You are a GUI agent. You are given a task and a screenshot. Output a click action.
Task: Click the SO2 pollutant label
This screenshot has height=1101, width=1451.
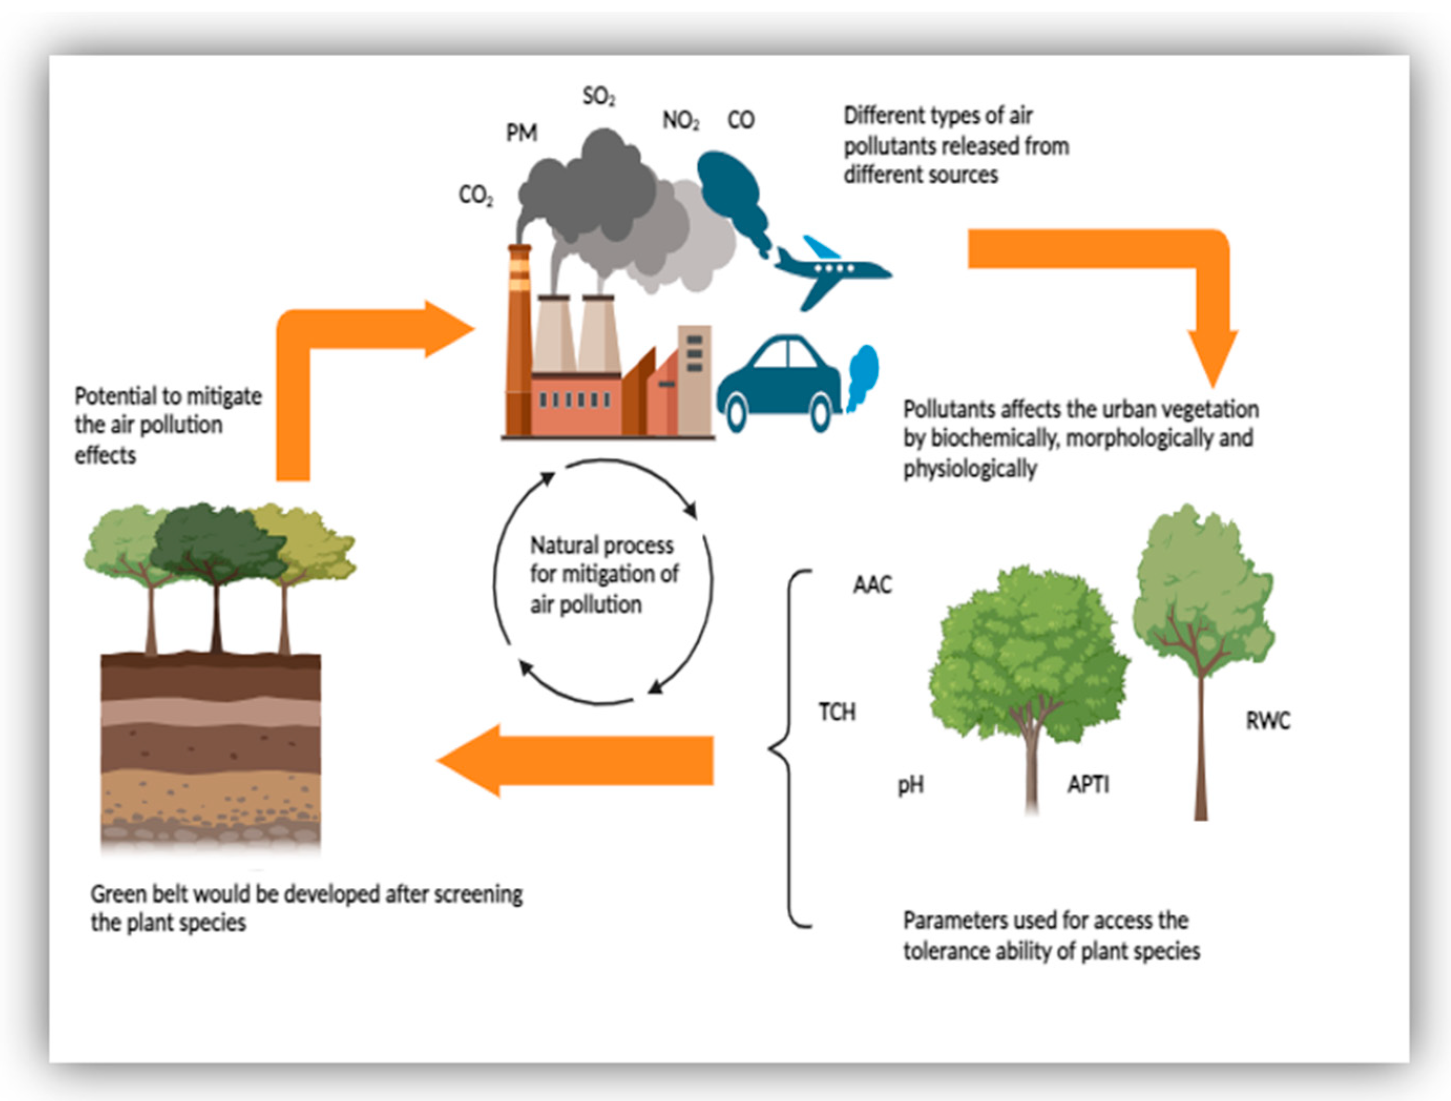coord(598,97)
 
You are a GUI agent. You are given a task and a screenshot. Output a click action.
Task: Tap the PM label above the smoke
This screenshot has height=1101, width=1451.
coord(521,133)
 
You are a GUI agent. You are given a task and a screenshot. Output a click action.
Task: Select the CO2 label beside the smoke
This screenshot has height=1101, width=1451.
coord(476,195)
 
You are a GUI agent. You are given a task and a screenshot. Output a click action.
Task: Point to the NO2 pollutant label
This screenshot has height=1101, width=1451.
coord(680,120)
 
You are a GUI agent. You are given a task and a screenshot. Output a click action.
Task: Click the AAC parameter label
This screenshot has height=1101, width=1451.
coord(872,584)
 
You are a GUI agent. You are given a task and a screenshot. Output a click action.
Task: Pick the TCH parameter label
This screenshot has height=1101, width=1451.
coord(837,712)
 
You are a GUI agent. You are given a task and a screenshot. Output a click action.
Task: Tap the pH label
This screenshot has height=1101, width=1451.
coord(910,785)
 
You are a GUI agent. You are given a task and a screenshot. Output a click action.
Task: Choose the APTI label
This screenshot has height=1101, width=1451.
coord(1088,784)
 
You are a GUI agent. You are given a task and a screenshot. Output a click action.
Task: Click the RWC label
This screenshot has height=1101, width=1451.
coord(1267,721)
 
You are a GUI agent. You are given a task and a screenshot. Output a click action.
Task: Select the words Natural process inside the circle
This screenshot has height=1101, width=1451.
coord(602,545)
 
